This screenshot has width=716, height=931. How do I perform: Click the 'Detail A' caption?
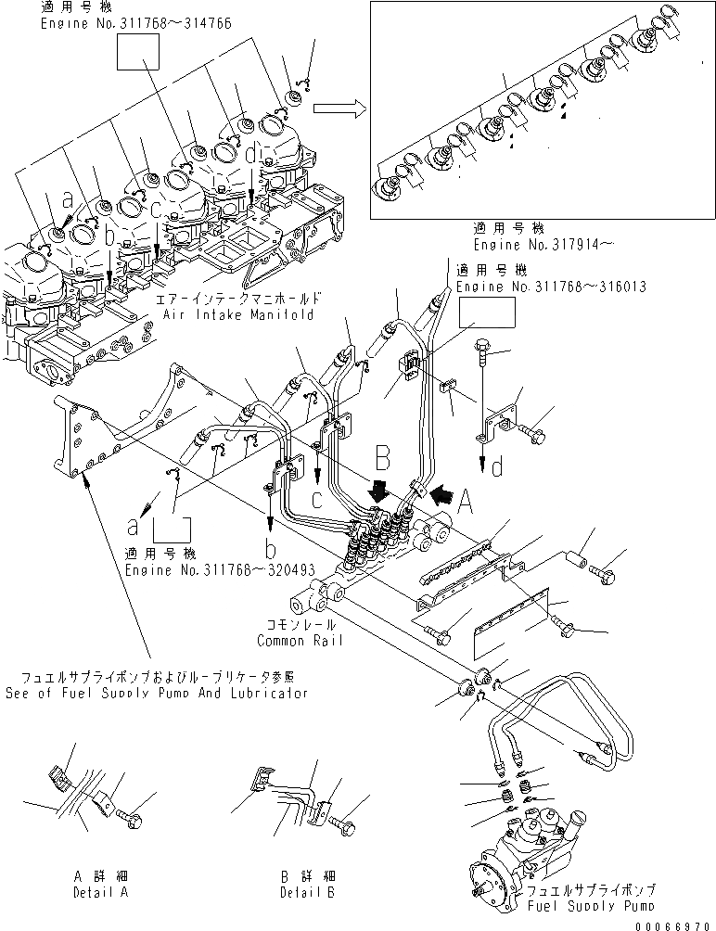point(100,892)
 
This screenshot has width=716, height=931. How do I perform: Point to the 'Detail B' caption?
point(307,892)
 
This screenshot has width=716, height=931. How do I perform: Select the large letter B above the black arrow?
point(381,457)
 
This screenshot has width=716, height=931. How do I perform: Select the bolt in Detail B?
point(341,822)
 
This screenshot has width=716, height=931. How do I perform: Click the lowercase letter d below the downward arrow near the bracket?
point(498,467)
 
